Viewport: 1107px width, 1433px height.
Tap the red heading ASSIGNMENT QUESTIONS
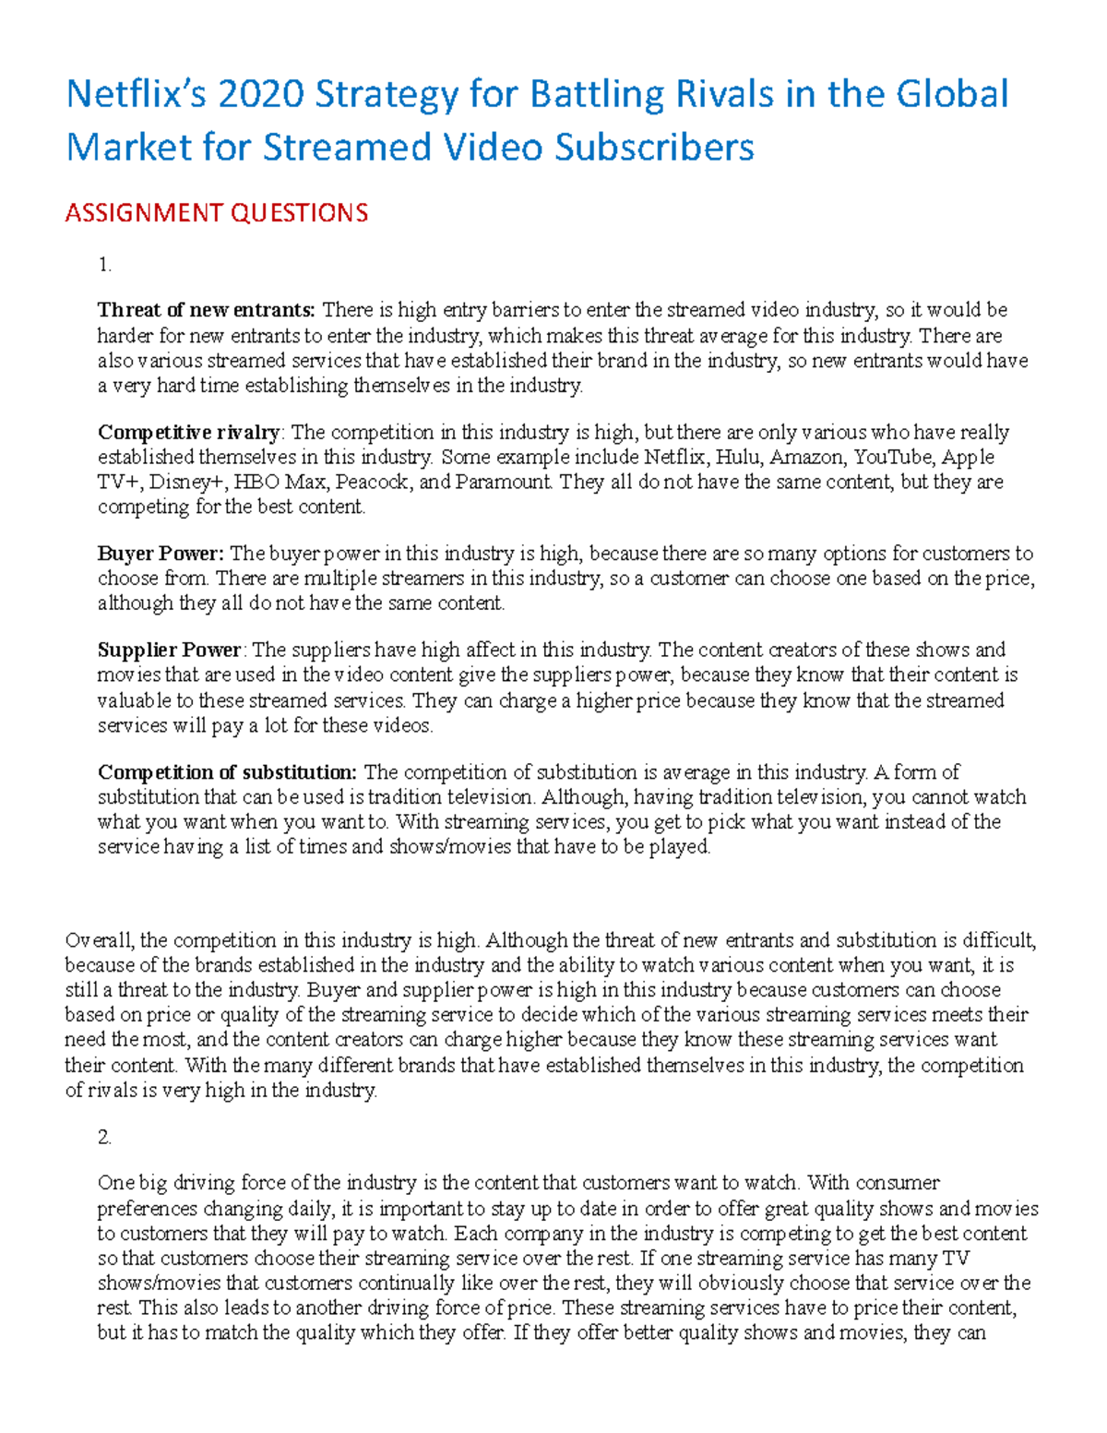point(216,213)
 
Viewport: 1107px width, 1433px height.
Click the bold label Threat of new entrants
point(207,310)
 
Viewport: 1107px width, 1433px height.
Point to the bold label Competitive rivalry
point(189,432)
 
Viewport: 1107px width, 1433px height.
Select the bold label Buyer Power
point(161,554)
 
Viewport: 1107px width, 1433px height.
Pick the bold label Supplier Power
point(170,650)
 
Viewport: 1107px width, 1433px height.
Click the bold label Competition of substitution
point(227,771)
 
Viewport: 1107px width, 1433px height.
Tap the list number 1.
point(104,265)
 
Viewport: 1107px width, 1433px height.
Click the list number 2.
point(104,1137)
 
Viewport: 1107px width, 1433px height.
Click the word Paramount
point(504,482)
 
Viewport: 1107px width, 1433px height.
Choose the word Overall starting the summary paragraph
point(100,940)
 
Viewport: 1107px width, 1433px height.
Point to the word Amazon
point(807,457)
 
